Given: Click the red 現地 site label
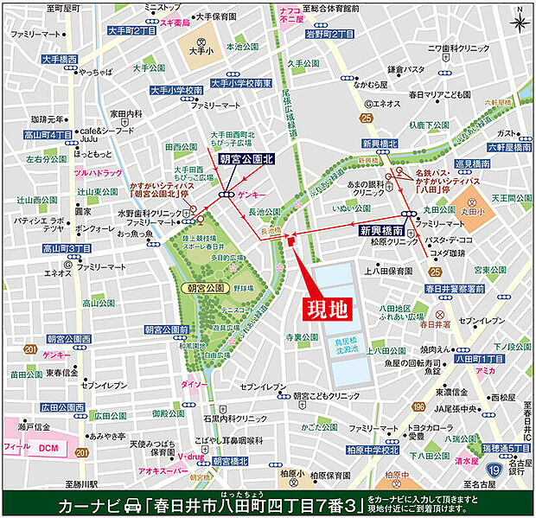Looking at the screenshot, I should click(328, 307).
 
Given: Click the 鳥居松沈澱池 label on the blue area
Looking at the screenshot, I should click(349, 347).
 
